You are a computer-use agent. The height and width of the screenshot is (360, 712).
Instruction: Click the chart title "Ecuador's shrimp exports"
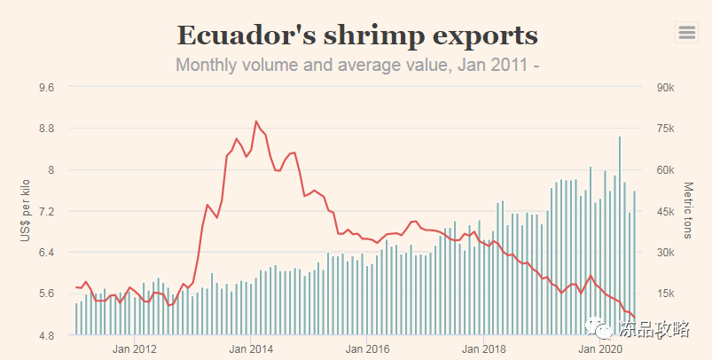point(357,35)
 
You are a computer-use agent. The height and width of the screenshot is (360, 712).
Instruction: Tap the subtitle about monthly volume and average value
point(357,65)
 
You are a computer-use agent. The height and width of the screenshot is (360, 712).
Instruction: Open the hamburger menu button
point(686,32)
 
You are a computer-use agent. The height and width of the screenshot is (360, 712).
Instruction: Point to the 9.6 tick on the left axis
point(45,87)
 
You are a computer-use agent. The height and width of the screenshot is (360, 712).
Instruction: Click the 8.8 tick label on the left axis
point(45,129)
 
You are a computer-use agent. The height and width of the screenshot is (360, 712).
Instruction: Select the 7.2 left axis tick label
point(45,211)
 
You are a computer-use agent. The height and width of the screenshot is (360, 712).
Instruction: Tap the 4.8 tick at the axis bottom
point(45,335)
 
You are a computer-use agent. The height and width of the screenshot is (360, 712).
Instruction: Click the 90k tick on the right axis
point(665,87)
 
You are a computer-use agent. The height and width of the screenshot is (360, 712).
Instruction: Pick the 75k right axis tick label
point(665,129)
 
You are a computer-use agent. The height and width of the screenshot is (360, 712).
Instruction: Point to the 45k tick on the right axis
point(665,211)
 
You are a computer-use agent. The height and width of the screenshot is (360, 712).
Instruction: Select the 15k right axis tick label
point(665,293)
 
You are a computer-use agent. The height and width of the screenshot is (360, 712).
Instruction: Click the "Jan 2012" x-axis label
point(135,348)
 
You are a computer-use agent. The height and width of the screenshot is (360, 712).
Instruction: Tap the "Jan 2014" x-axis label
point(251,348)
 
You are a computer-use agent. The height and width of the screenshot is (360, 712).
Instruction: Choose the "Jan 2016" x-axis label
point(367,348)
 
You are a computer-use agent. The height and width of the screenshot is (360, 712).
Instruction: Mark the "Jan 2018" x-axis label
point(483,348)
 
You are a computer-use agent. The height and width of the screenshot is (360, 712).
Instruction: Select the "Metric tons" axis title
point(688,211)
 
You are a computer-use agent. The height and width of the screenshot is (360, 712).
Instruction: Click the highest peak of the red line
point(256,121)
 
